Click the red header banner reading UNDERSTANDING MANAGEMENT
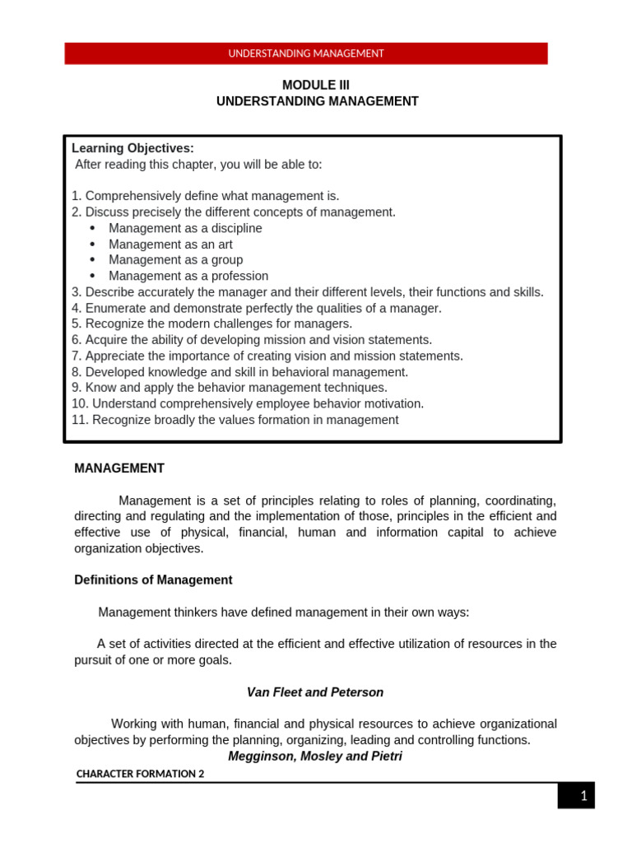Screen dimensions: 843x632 coord(305,54)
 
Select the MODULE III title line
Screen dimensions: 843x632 coord(316,85)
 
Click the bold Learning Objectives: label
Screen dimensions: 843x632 coord(132,148)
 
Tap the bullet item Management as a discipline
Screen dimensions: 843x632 coord(185,228)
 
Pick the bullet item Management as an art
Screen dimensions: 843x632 coord(170,245)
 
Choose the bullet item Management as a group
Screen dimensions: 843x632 coord(175,260)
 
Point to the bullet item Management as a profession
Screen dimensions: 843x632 coord(188,276)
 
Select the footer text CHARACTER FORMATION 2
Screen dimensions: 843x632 coord(140,774)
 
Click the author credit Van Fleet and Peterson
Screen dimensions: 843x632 coord(316,692)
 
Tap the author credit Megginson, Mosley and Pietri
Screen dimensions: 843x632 coord(315,755)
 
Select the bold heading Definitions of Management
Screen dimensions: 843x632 coord(153,580)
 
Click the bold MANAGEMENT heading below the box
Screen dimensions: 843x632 coord(119,468)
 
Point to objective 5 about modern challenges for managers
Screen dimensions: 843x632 coord(211,324)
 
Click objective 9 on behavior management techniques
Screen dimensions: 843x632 coord(230,388)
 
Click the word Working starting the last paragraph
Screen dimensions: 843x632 coord(134,724)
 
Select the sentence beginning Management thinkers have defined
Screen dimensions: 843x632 coord(284,612)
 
